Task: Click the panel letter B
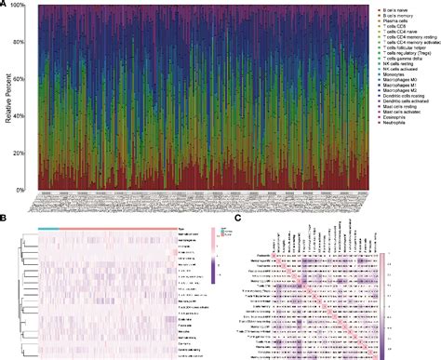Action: [5, 220]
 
